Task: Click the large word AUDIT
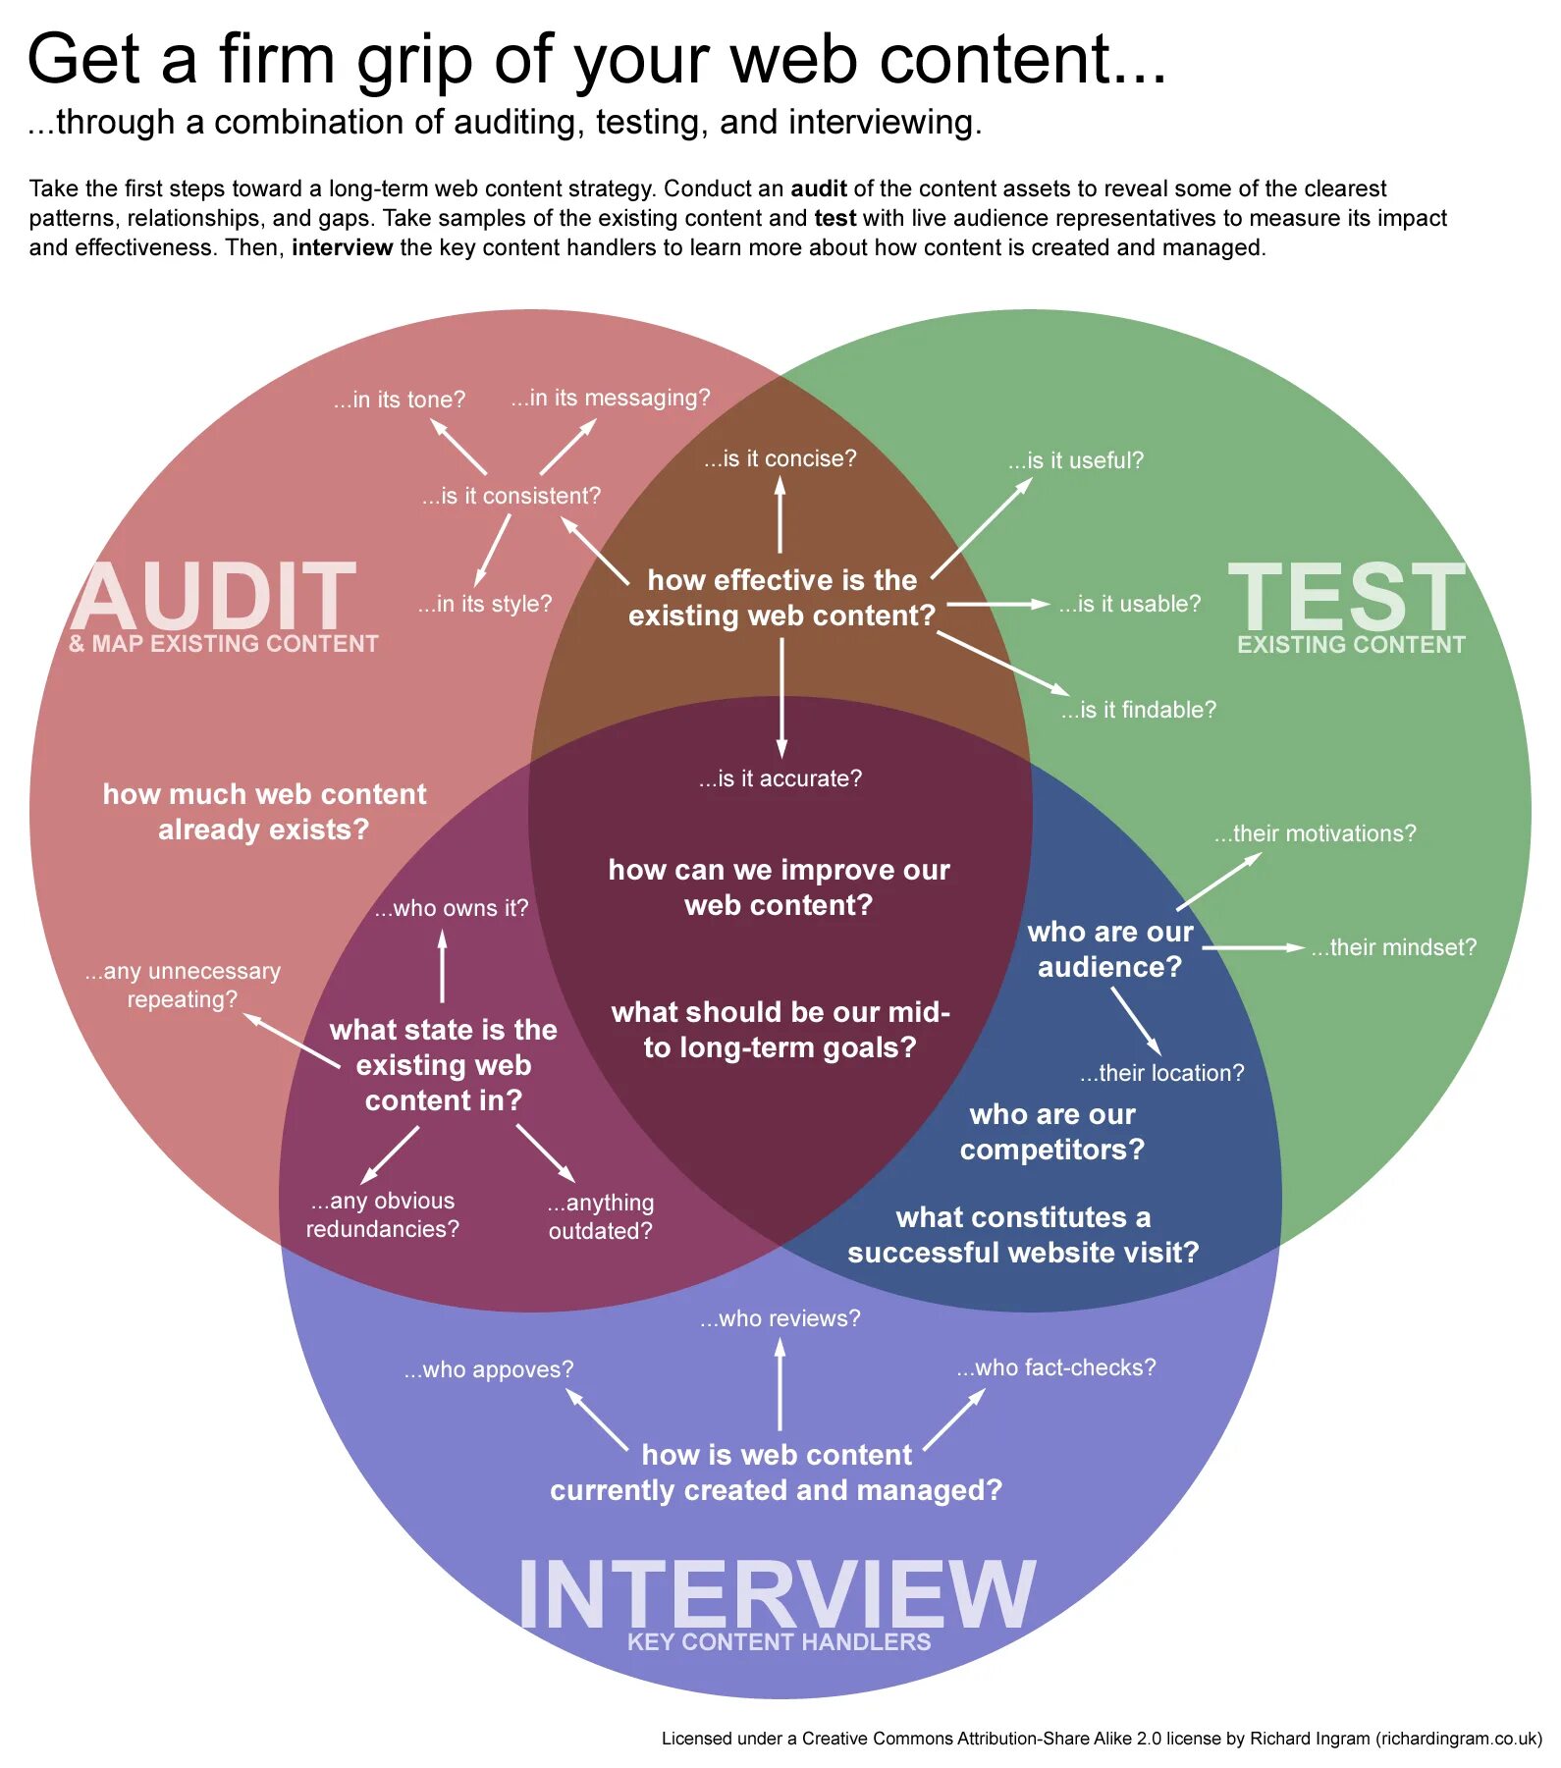click(x=213, y=596)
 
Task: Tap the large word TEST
click(x=1346, y=596)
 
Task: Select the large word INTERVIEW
click(x=777, y=1594)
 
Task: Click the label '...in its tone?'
click(x=399, y=400)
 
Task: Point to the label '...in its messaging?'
click(x=610, y=398)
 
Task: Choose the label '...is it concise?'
click(x=780, y=458)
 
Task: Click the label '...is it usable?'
click(x=1129, y=604)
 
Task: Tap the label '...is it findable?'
click(x=1138, y=710)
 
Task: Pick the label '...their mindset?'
click(x=1393, y=947)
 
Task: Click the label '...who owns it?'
click(x=451, y=908)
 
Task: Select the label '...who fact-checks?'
click(x=1056, y=1367)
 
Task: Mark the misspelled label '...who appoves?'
click(x=488, y=1369)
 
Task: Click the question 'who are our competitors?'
click(x=1051, y=1132)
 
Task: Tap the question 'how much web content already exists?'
click(x=264, y=812)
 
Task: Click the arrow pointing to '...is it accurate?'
click(x=781, y=697)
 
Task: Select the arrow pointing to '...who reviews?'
click(x=780, y=1384)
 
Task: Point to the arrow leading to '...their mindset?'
click(x=1253, y=947)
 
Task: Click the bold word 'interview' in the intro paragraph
click(x=342, y=247)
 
